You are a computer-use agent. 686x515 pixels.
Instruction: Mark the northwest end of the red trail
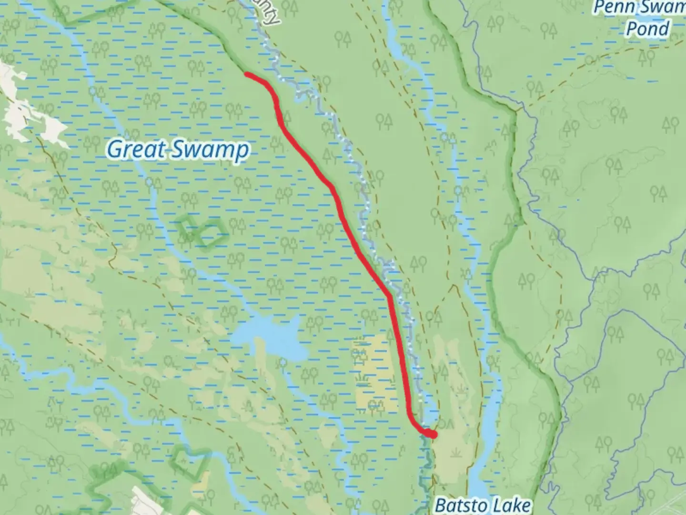[246, 73]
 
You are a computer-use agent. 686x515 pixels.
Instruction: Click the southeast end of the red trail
[433, 434]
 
